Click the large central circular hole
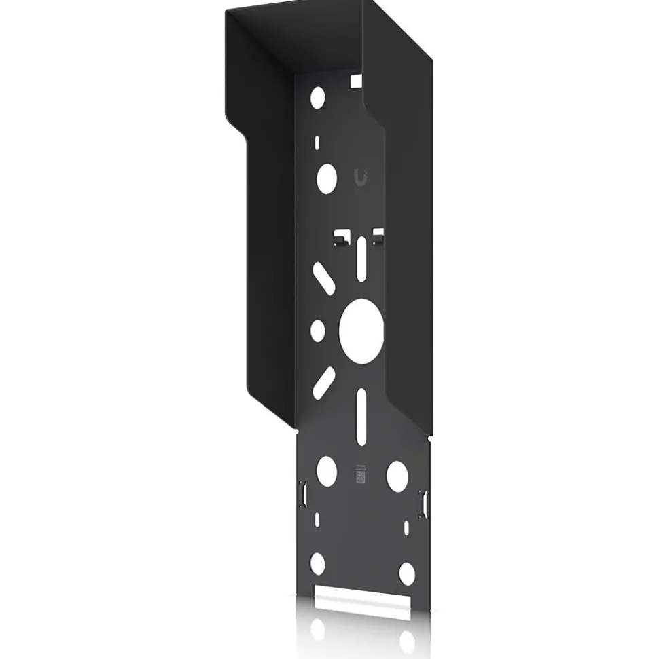361,330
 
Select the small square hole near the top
355,81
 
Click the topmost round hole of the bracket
317,97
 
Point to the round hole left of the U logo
327,178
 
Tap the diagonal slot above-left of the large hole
323,278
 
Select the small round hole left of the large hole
317,330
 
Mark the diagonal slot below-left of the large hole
323,382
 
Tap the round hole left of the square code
326,469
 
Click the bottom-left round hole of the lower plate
317,563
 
